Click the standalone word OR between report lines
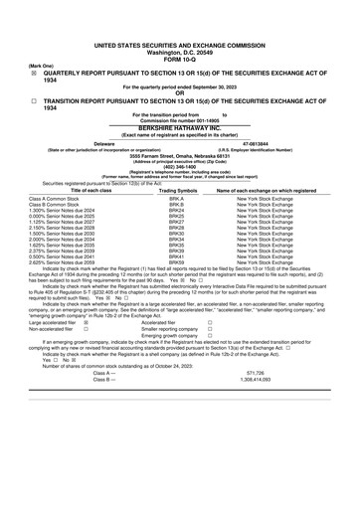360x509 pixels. (x=180, y=93)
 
